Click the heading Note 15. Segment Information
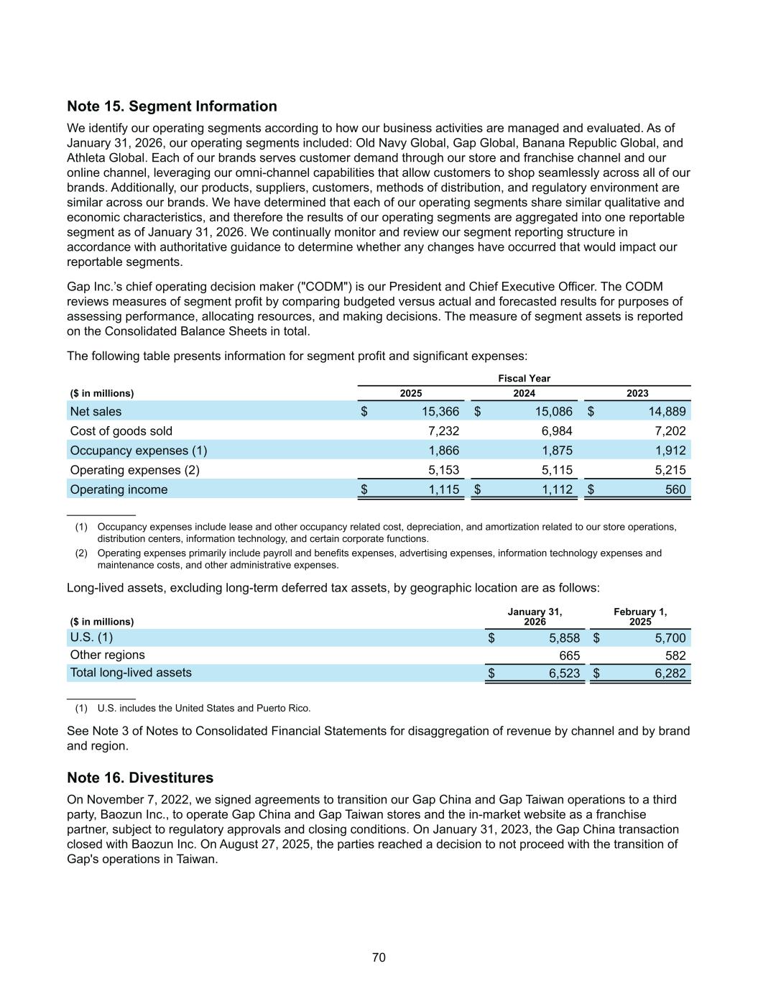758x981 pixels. click(172, 106)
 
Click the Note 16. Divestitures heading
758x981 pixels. click(140, 778)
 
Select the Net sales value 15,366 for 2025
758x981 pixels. click(440, 412)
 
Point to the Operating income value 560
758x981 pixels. click(675, 489)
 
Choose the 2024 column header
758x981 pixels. click(524, 393)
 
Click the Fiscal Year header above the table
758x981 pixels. click(524, 378)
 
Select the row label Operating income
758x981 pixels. click(119, 489)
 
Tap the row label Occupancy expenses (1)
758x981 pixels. click(138, 451)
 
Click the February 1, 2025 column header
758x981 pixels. click(640, 617)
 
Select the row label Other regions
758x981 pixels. click(107, 655)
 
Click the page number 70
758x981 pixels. click(379, 957)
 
